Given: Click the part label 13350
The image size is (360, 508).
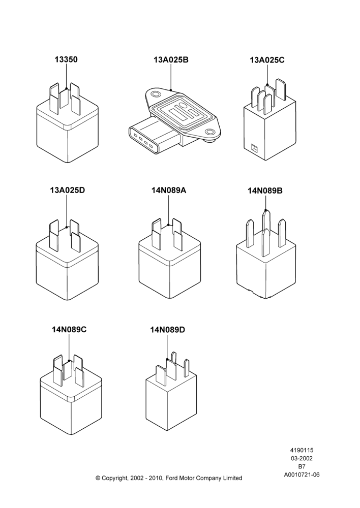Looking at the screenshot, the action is tap(66, 59).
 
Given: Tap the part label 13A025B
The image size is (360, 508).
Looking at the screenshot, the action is tap(171, 60).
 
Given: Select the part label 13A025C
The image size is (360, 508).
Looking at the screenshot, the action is tap(267, 60).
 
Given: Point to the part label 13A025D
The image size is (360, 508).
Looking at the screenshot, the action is tap(67, 190).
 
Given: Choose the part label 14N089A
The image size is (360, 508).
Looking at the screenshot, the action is tap(169, 190).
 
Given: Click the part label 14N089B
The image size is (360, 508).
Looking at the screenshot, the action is tap(265, 191).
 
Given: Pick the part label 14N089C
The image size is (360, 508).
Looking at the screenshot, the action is tap(69, 330).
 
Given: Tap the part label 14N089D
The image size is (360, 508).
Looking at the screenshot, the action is tap(167, 330).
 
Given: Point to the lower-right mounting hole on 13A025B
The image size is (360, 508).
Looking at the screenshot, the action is tap(211, 132).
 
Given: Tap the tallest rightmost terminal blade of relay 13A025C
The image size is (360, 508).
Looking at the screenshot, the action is tap(281, 90).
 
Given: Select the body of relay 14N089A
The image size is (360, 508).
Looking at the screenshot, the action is tap(169, 269).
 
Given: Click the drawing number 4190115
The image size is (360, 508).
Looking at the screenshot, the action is tap(302, 450).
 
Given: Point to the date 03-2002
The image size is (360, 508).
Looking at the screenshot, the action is tap(302, 458).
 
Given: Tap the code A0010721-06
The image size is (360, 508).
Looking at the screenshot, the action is tap(302, 475).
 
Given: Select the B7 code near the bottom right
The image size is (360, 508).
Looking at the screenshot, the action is tap(302, 467).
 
